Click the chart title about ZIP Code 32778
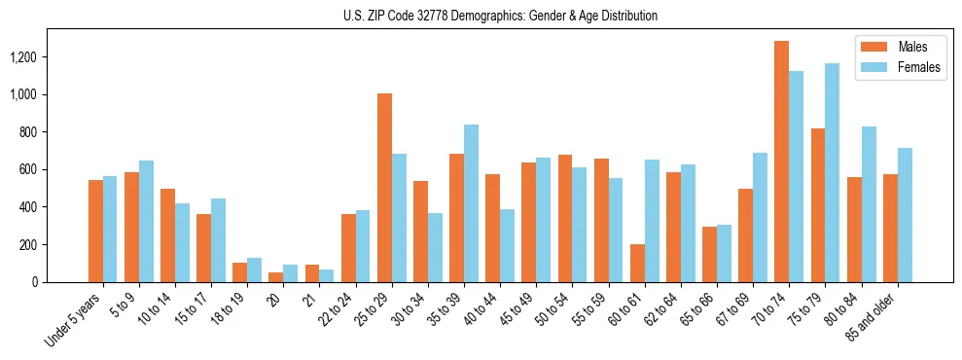(x=500, y=16)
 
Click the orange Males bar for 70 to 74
(x=781, y=162)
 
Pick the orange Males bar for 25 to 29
(x=384, y=188)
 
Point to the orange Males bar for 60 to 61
(x=637, y=263)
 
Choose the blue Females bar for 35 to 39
(x=471, y=203)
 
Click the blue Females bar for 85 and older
(x=905, y=215)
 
